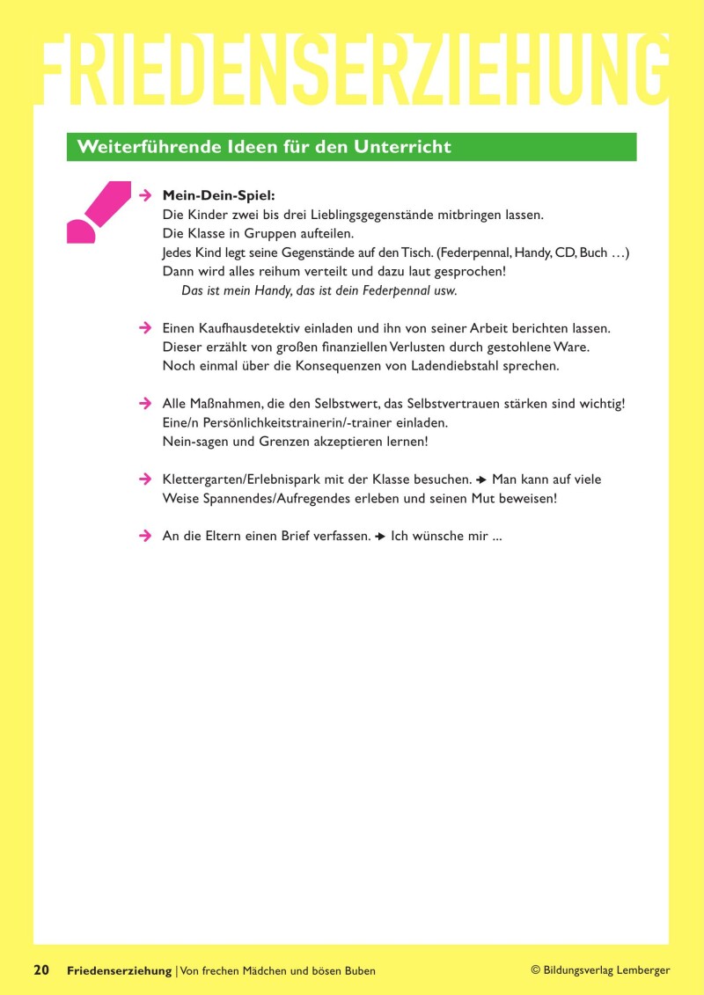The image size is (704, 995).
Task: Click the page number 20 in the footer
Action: [41, 970]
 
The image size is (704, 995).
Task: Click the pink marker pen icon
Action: [96, 211]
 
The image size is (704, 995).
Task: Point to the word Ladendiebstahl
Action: [455, 365]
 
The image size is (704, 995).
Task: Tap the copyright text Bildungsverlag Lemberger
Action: [606, 970]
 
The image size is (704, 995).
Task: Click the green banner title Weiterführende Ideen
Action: [264, 147]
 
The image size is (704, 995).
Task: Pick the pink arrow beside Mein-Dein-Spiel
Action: [146, 194]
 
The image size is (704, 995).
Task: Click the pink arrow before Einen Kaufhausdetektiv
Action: [146, 327]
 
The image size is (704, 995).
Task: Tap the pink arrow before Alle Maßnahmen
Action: [146, 403]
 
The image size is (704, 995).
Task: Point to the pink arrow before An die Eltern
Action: [146, 536]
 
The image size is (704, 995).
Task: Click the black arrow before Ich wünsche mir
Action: [380, 536]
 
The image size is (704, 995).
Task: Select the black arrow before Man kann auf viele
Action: [481, 479]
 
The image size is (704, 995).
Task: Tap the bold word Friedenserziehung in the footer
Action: [120, 970]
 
